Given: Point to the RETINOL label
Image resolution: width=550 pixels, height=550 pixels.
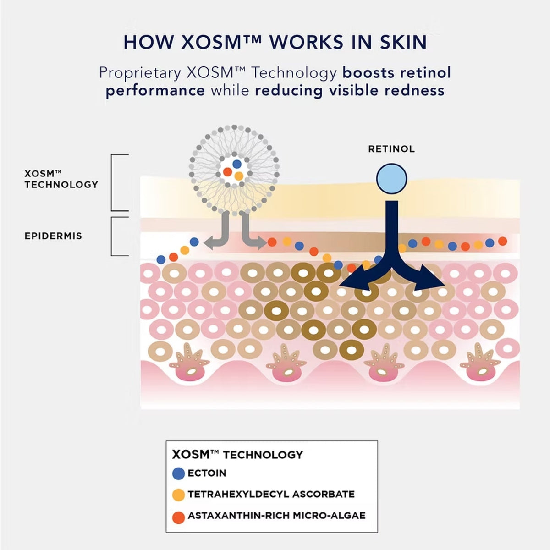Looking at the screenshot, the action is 391,149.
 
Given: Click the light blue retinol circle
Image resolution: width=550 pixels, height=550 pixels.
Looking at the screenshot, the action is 391,179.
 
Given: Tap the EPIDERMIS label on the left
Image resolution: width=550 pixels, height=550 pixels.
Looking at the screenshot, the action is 53,236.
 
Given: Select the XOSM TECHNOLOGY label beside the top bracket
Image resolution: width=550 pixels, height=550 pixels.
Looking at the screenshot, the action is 61,179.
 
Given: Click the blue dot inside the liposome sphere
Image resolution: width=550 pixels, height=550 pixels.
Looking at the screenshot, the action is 237,164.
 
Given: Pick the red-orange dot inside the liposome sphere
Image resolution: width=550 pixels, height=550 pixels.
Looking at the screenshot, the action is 227,172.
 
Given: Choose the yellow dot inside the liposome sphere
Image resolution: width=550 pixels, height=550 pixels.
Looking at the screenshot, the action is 239,176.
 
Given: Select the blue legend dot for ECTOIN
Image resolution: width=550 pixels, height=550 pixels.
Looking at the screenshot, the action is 179,473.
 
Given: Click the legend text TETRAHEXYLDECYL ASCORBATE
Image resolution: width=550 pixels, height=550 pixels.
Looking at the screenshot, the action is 271,494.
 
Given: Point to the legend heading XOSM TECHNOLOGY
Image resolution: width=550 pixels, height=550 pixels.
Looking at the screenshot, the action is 237,455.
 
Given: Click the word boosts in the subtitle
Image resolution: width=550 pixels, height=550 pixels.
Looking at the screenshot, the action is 368,73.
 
